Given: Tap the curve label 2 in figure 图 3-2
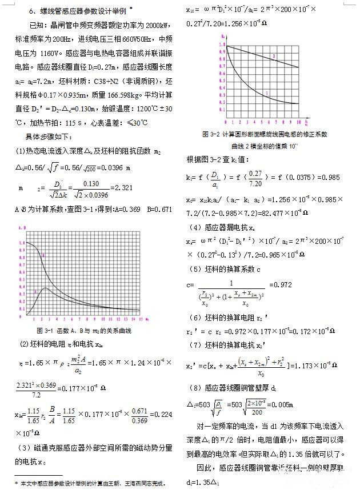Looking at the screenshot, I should pos(274,55).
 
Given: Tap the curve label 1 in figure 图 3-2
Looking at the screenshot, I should pos(267,93).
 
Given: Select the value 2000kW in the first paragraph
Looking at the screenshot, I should pos(151,26).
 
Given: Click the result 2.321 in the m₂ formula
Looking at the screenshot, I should pos(121,188).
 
